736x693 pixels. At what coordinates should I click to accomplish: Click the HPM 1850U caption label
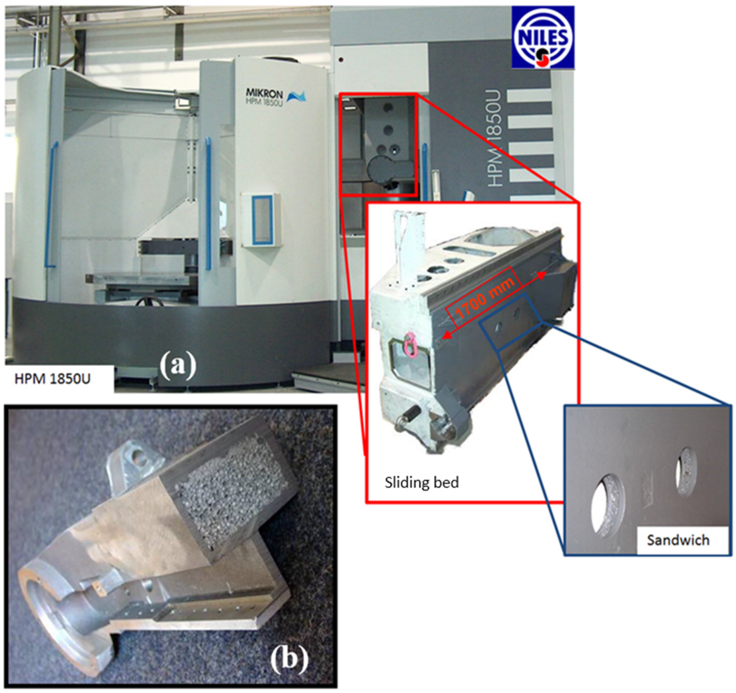click(52, 379)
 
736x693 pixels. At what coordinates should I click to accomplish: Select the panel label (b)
click(289, 659)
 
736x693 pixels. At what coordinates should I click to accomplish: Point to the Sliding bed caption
click(421, 483)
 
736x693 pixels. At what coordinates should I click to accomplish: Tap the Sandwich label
click(678, 540)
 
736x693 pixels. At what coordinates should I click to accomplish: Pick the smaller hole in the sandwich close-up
click(686, 471)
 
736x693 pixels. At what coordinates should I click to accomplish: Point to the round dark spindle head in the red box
click(382, 170)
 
